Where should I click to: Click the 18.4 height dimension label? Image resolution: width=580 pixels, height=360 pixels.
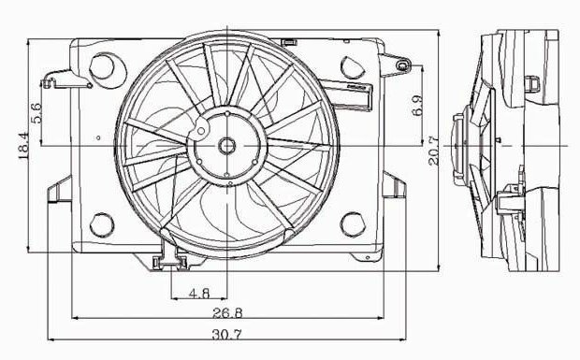point(23,147)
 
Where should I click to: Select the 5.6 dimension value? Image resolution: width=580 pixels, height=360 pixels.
point(36,113)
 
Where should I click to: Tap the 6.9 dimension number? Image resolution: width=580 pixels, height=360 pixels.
point(417,106)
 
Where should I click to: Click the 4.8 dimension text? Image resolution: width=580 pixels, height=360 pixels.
point(199,294)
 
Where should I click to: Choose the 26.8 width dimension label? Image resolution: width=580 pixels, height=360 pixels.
point(227,313)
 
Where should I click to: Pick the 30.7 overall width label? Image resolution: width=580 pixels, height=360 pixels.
point(226,335)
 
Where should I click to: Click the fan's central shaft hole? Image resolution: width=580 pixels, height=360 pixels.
point(226,146)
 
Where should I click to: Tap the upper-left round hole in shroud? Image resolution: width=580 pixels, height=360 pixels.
point(102,66)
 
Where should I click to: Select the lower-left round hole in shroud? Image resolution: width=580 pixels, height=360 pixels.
point(102,224)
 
